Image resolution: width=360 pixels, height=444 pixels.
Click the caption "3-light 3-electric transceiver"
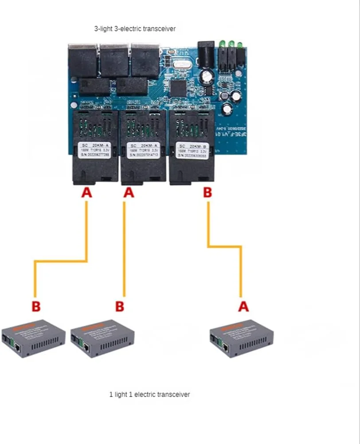pyautogui.click(x=134, y=29)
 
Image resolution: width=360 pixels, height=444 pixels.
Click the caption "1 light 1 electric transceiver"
pyautogui.click(x=149, y=394)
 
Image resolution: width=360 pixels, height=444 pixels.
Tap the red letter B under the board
pyautogui.click(x=207, y=193)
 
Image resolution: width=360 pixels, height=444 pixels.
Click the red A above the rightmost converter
pyautogui.click(x=243, y=306)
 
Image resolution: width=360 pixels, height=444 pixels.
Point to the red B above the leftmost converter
pyautogui.click(x=36, y=306)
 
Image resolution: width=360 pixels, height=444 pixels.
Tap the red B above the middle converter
pyautogui.click(x=119, y=306)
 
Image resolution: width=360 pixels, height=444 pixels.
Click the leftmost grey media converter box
pyautogui.click(x=33, y=339)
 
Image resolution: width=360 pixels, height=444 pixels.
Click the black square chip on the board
pyautogui.click(x=179, y=88)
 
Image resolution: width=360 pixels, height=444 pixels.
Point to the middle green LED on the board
pyautogui.click(x=231, y=44)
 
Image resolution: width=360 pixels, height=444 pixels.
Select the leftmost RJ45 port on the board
pyautogui.click(x=82, y=59)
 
